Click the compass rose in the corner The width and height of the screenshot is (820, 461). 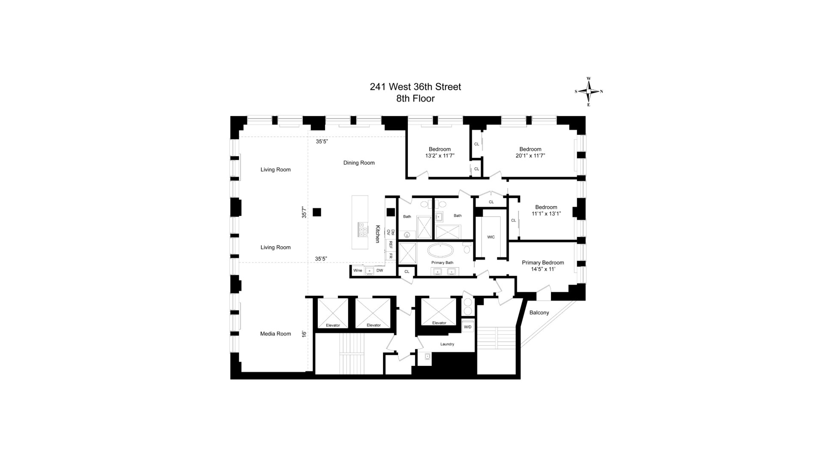click(589, 91)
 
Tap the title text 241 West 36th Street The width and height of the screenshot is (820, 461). click(415, 87)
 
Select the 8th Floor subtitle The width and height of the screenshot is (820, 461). click(415, 99)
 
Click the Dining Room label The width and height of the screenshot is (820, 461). click(359, 163)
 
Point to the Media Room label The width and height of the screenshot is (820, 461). click(275, 334)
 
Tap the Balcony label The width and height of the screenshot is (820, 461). click(539, 312)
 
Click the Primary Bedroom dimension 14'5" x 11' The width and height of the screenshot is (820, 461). click(543, 269)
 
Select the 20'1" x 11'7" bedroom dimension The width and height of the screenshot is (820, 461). click(530, 156)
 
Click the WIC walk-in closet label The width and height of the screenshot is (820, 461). click(491, 237)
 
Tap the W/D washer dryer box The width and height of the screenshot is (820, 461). click(468, 327)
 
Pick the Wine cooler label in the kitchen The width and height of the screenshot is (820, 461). click(357, 270)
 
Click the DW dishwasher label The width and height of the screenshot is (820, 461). click(380, 270)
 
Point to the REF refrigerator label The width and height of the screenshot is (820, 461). click(390, 245)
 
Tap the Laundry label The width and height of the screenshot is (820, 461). click(447, 344)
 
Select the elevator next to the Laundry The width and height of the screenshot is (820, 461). click(439, 312)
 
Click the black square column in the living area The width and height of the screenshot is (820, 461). click(316, 212)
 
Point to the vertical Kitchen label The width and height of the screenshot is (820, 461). click(378, 234)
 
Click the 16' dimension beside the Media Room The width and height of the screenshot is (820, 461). click(304, 334)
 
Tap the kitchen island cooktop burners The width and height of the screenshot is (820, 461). click(363, 230)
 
